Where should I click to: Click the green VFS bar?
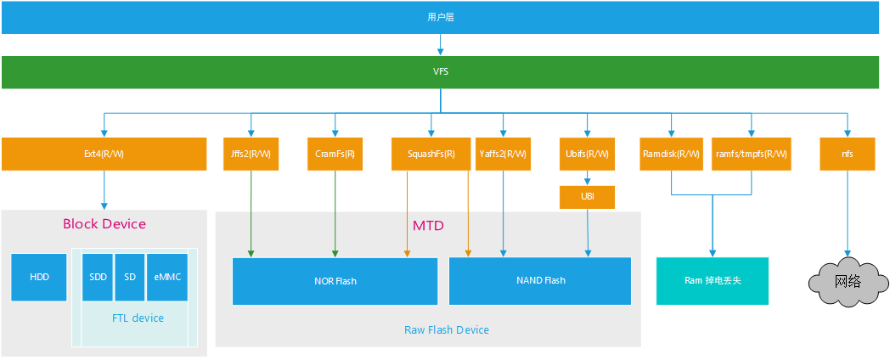point(441,72)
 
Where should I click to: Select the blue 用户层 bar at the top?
point(441,17)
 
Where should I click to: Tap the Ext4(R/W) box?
point(104,154)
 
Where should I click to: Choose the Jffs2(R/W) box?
point(251,154)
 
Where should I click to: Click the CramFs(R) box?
point(335,154)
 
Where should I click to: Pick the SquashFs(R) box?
point(431,154)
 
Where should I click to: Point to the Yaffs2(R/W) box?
point(503,154)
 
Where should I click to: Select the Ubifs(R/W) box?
point(587,154)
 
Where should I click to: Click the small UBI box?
point(587,197)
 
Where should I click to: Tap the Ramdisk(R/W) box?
point(672,154)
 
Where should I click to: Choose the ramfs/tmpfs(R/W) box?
point(752,154)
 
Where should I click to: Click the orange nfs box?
point(848,154)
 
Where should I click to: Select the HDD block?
point(39,277)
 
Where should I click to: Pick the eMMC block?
point(167,277)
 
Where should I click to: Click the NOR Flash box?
point(335,281)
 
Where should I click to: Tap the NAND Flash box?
point(540,281)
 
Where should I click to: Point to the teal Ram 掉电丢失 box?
point(713,281)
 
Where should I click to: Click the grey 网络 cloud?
point(848,281)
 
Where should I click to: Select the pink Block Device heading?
point(104,224)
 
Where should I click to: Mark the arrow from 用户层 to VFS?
point(441,44)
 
